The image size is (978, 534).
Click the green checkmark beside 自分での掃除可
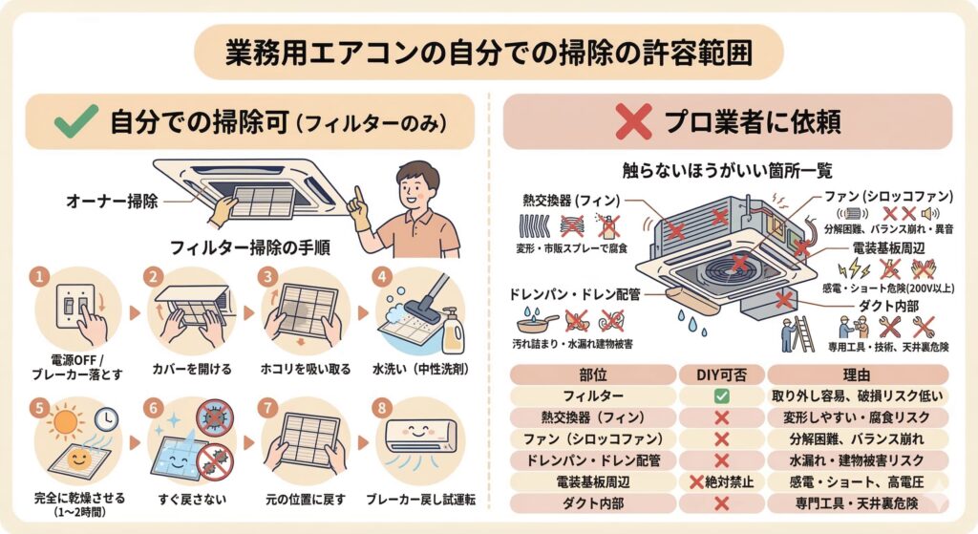[75, 121]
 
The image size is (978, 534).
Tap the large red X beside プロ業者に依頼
[633, 121]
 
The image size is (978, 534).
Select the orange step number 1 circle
[40, 276]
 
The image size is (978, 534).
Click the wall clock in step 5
[107, 418]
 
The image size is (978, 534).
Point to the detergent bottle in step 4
[453, 330]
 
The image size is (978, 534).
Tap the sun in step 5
[64, 421]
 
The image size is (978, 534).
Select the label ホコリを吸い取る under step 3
[305, 370]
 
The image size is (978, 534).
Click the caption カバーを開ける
[191, 370]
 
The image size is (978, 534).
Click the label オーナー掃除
[113, 201]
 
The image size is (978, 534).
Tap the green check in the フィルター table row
[722, 395]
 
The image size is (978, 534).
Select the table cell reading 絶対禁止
[722, 481]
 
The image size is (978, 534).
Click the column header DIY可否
[722, 374]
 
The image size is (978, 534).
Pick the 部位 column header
[593, 374]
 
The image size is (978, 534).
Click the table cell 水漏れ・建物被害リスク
[857, 460]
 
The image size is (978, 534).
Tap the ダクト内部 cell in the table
[593, 503]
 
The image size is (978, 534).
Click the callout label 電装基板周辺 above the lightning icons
[889, 248]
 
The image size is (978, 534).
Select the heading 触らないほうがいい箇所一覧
[727, 170]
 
